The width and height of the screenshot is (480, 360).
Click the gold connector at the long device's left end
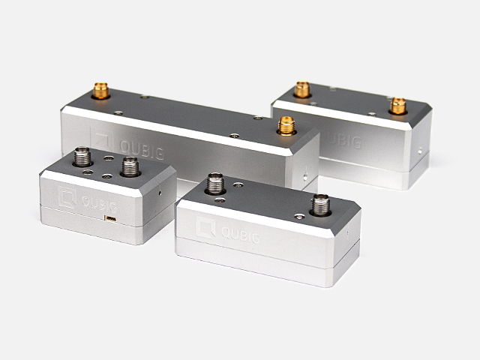[x=100, y=91]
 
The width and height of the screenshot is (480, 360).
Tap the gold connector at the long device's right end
[x=286, y=126]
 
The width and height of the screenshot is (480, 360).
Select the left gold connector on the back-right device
[x=302, y=90]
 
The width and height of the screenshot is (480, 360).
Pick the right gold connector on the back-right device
[x=398, y=106]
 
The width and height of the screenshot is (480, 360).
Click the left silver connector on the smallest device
[x=82, y=157]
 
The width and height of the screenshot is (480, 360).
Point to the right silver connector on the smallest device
[x=130, y=166]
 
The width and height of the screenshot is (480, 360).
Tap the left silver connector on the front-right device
[x=215, y=183]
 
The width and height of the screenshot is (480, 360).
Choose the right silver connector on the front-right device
[x=320, y=205]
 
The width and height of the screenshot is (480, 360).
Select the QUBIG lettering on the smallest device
[x=99, y=204]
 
